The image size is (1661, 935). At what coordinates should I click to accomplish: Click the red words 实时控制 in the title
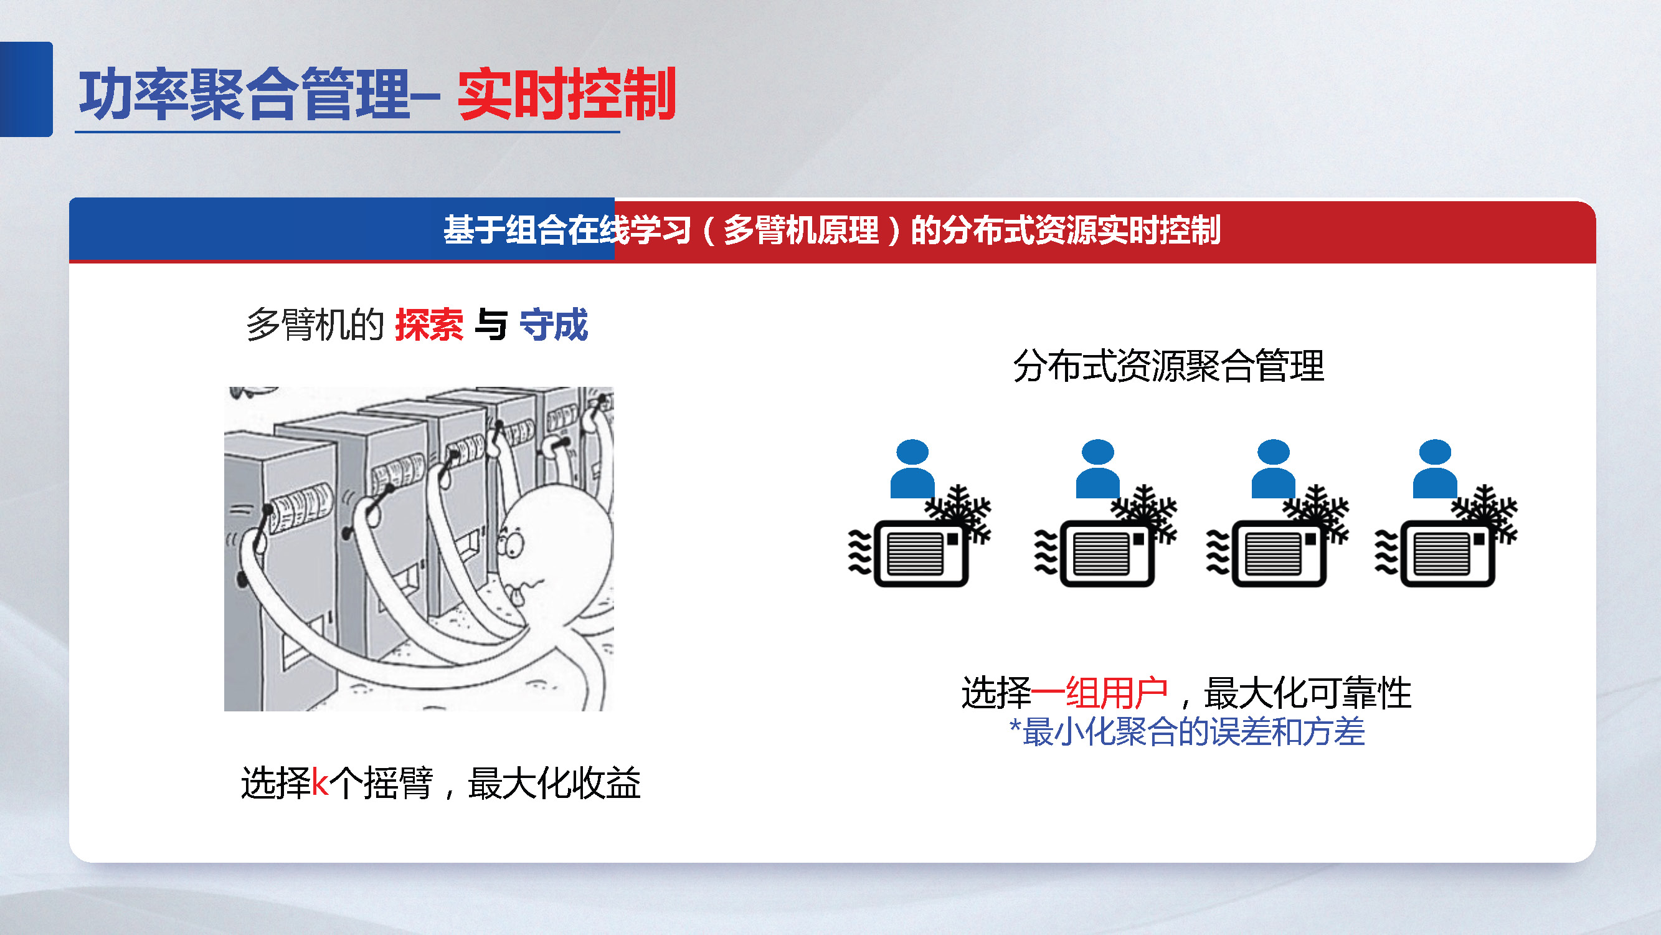click(x=566, y=95)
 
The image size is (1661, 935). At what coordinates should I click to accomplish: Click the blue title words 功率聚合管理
click(x=245, y=95)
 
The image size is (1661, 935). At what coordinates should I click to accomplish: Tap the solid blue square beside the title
click(x=26, y=89)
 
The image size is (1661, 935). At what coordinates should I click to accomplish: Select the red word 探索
click(x=428, y=325)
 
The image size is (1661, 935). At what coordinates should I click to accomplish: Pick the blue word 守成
click(x=553, y=325)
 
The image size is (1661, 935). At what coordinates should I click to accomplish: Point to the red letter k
click(x=320, y=783)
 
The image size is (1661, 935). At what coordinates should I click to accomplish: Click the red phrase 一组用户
click(x=1099, y=693)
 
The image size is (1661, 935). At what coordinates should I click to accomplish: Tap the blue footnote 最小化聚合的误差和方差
click(x=1193, y=732)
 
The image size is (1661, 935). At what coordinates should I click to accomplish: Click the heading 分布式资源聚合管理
click(x=1168, y=366)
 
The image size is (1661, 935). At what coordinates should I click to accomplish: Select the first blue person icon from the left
click(x=912, y=469)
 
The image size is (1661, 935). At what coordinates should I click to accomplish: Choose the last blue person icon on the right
click(x=1435, y=469)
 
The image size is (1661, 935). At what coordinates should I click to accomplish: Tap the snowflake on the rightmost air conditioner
click(x=1484, y=512)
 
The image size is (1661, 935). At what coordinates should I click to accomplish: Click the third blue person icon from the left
click(x=1274, y=469)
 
